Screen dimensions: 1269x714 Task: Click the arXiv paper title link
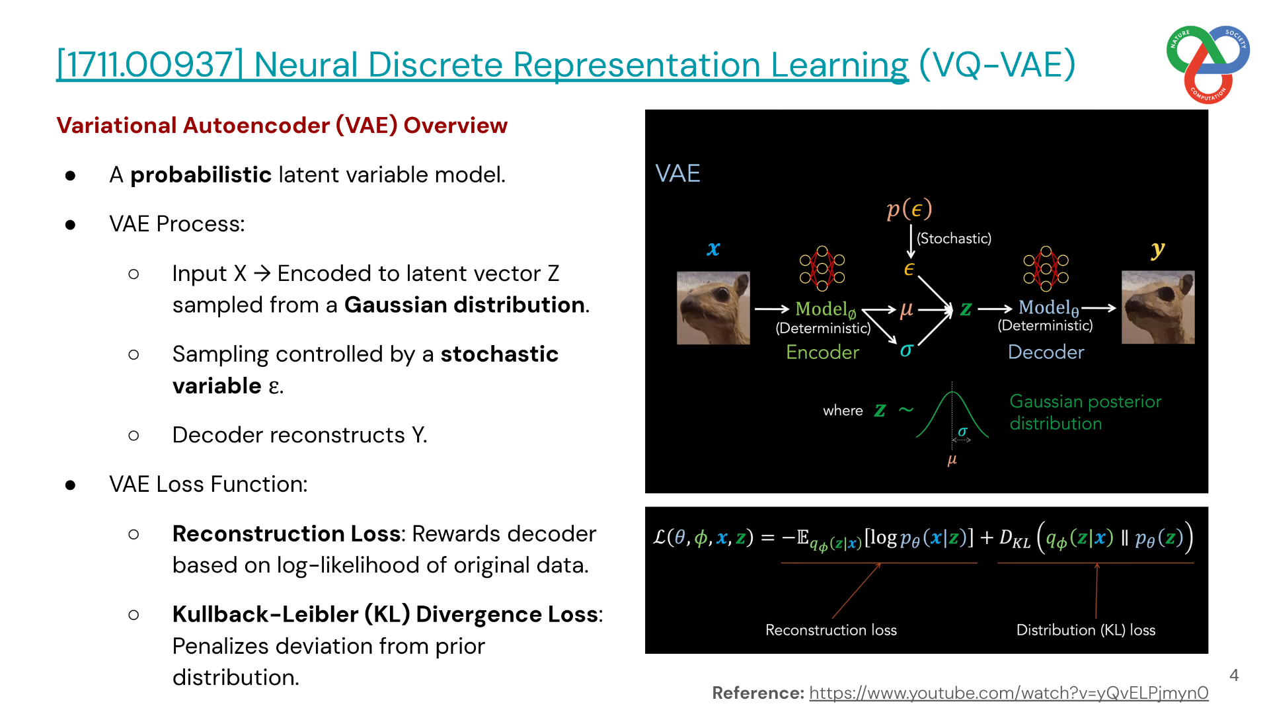[x=482, y=65]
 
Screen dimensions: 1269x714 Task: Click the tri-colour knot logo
[x=1208, y=64]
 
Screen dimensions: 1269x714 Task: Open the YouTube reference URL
[x=1009, y=693]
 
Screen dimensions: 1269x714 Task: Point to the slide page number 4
[x=1234, y=675]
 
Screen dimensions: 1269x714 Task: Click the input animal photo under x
[x=713, y=308]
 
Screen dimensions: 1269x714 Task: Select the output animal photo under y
[x=1158, y=307]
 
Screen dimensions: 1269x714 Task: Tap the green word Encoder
[x=822, y=352]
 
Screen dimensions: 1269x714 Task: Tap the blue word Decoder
[x=1046, y=352]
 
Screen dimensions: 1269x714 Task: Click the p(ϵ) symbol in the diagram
[x=909, y=209]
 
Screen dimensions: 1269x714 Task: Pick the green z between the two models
[x=966, y=309]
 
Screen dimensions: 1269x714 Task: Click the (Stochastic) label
[x=954, y=238]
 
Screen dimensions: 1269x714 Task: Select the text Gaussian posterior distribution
[x=1085, y=413]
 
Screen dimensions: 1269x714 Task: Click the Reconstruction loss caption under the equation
[x=831, y=630]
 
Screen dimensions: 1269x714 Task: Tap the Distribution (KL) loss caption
[x=1086, y=630]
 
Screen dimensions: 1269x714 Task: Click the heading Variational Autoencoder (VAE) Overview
[x=282, y=126]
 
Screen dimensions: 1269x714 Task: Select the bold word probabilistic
[x=201, y=175]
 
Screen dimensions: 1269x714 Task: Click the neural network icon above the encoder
[x=822, y=268]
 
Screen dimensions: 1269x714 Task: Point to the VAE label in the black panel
[x=677, y=173]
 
